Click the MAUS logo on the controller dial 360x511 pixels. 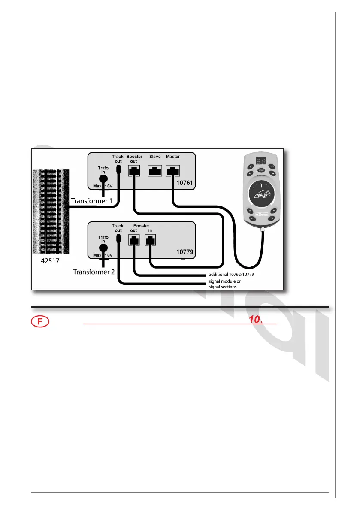262,197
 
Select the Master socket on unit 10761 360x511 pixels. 173,172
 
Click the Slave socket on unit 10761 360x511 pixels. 154,172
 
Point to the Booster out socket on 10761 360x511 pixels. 134,172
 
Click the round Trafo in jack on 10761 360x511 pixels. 103,179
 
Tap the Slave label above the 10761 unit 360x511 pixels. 154,157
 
